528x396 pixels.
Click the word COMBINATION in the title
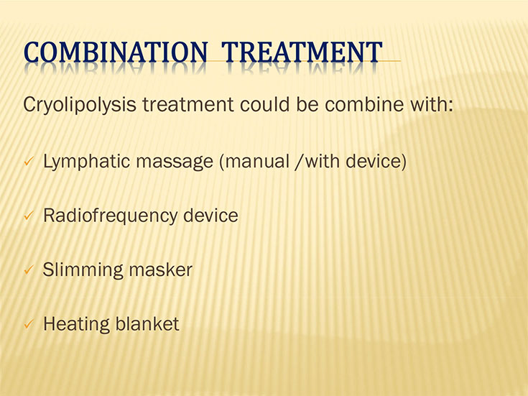point(116,52)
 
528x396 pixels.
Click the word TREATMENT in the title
point(302,52)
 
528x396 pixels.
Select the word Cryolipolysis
point(80,105)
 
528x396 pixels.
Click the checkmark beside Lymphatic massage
point(29,162)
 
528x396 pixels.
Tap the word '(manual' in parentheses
point(254,162)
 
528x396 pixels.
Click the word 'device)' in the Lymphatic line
point(376,162)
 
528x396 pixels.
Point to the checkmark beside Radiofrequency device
point(29,216)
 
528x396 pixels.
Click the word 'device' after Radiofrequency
point(210,216)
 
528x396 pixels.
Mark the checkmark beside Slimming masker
point(29,270)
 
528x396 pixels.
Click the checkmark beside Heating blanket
point(29,325)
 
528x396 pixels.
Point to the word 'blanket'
point(147,324)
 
